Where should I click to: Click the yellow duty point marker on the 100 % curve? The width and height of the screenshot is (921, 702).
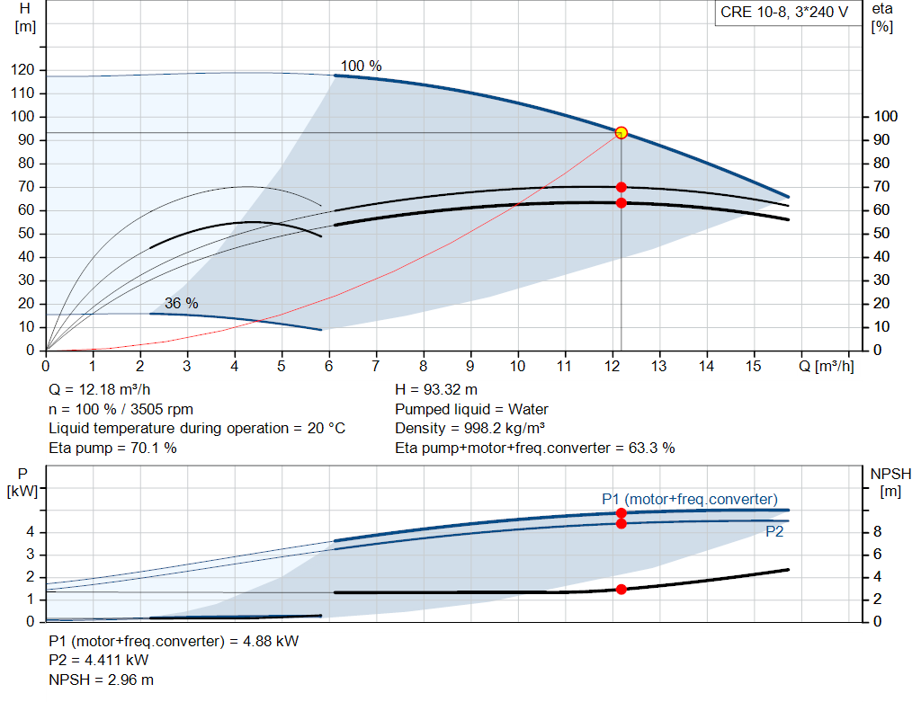click(621, 133)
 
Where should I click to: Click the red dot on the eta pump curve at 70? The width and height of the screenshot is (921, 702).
click(621, 187)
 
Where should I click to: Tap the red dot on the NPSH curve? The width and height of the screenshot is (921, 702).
click(621, 590)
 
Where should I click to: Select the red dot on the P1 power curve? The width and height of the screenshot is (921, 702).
click(621, 512)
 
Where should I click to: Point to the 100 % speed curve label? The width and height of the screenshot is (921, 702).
click(361, 67)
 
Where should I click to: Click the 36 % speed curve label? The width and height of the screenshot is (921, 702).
click(181, 304)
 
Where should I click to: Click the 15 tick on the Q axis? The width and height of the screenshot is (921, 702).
click(753, 367)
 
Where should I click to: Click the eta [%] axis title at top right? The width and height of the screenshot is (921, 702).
click(882, 17)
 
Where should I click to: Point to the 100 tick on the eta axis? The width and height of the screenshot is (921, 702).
click(886, 117)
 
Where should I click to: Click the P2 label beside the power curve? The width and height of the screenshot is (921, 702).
click(774, 532)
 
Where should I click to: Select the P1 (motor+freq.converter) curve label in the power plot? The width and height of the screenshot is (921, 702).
click(690, 499)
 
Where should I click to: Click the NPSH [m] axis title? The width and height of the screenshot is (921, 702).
click(891, 482)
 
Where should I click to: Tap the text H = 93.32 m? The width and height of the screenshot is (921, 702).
click(437, 390)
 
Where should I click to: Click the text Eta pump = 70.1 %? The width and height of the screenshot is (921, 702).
click(112, 448)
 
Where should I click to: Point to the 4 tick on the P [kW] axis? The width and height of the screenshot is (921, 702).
click(31, 532)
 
